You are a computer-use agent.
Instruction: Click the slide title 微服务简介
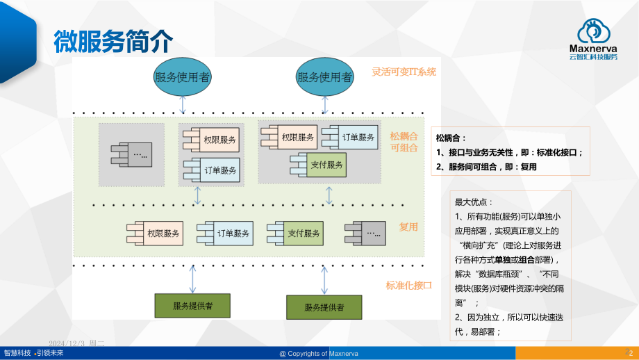(x=113, y=42)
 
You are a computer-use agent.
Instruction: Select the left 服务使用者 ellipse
(x=183, y=76)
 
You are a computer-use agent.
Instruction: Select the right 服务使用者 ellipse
(x=324, y=76)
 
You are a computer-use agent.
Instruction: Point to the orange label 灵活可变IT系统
(x=404, y=72)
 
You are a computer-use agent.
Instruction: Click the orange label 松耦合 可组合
(x=404, y=142)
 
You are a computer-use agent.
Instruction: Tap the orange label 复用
(x=408, y=227)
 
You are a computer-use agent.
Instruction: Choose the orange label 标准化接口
(x=409, y=285)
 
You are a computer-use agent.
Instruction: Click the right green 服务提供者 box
(x=324, y=306)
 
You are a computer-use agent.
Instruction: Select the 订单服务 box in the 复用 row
(x=228, y=234)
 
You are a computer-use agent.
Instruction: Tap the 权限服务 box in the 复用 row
(x=158, y=234)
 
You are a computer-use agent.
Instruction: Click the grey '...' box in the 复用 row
(x=368, y=233)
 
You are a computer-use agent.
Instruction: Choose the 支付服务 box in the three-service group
(x=321, y=165)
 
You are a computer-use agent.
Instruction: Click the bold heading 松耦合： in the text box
(x=451, y=138)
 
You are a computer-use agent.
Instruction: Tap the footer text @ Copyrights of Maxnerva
(x=319, y=354)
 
